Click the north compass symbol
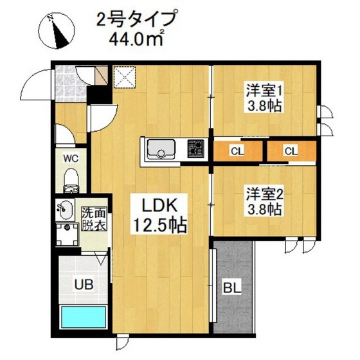[x=57, y=32]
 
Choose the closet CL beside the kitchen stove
[x=237, y=152]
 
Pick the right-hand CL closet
[x=291, y=152]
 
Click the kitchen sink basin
[x=161, y=150]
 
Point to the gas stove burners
[x=195, y=150]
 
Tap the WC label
[x=71, y=156]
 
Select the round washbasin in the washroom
[x=64, y=208]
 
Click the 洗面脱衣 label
[x=93, y=219]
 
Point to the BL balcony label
[x=233, y=287]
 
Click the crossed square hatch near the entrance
[x=122, y=76]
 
